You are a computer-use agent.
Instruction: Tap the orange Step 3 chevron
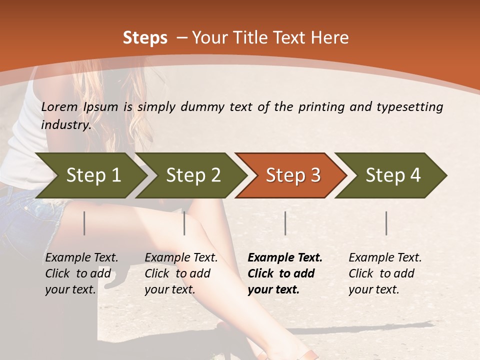[x=293, y=175]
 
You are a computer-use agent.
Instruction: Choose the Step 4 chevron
[x=393, y=175]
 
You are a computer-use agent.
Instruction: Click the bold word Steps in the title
[x=145, y=38]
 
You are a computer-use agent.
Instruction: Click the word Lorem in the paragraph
[x=59, y=106]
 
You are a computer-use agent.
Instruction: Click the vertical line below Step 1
[x=84, y=223]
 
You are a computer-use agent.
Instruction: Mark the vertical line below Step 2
[x=184, y=223]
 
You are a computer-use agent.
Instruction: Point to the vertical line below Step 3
[x=285, y=223]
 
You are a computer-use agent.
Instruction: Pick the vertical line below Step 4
[x=386, y=223]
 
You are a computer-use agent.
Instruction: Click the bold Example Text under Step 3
[x=285, y=258]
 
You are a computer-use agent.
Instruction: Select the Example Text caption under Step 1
[x=81, y=258]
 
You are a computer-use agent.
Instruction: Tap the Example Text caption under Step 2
[x=181, y=258]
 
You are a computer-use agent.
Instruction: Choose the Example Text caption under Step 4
[x=385, y=258]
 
